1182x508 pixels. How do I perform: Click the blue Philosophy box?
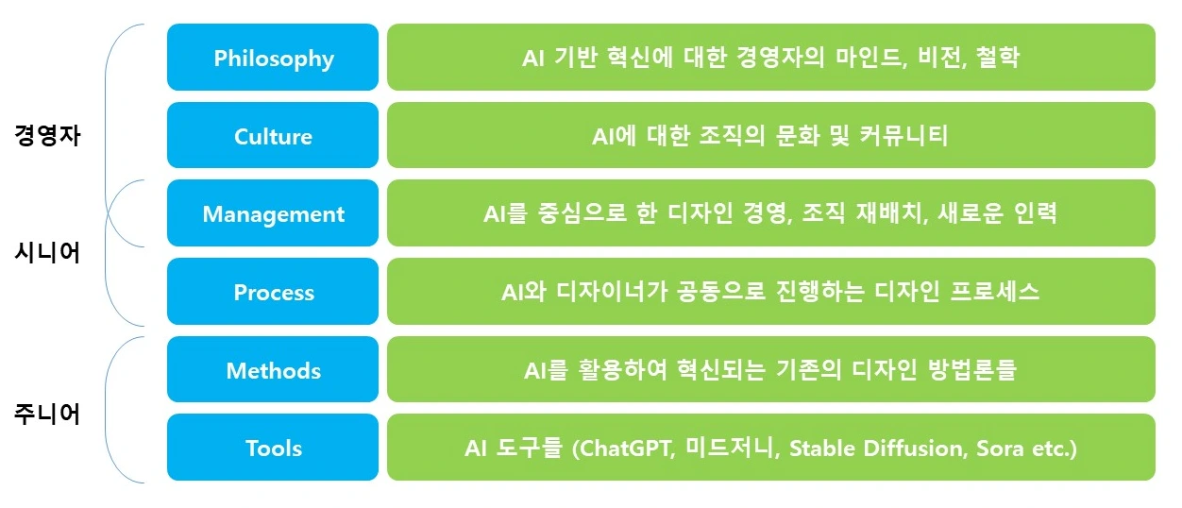pos(273,58)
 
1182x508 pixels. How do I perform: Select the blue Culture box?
pos(273,136)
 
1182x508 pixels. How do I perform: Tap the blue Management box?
pos(273,213)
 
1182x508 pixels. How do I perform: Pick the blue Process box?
pos(273,292)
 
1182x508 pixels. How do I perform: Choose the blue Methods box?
pos(273,370)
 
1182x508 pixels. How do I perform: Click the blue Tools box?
pos(273,448)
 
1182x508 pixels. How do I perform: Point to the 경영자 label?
pos(47,134)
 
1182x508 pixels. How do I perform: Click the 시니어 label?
pos(47,252)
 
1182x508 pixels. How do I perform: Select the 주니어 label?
pos(47,413)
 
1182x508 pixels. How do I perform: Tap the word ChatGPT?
pos(627,448)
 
